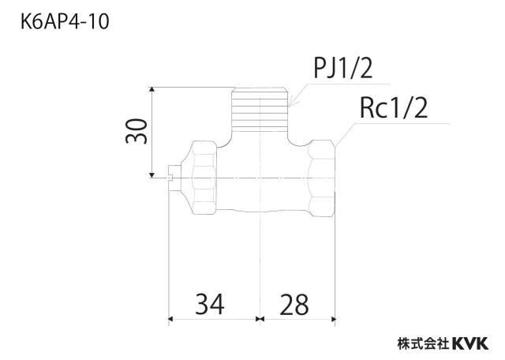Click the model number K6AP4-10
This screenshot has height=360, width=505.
(x=65, y=22)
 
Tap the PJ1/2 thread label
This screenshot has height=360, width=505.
(x=342, y=69)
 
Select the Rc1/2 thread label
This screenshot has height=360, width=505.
(x=394, y=108)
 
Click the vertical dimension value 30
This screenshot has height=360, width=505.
(x=137, y=131)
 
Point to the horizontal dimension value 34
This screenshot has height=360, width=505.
(x=210, y=304)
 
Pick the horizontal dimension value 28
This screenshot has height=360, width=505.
(x=294, y=304)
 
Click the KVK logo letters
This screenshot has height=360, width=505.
(x=470, y=343)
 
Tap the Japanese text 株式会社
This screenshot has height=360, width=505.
(x=424, y=343)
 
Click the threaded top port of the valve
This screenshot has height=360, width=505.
(x=260, y=109)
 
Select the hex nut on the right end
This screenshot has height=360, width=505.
(x=322, y=178)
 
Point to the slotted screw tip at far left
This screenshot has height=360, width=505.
(x=174, y=178)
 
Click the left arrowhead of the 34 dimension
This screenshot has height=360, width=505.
(x=171, y=319)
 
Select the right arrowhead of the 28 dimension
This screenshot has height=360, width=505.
(x=333, y=319)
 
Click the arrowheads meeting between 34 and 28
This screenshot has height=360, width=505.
(x=260, y=319)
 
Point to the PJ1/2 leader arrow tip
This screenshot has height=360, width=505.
(x=290, y=105)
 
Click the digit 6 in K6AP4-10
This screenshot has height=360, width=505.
(x=37, y=23)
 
